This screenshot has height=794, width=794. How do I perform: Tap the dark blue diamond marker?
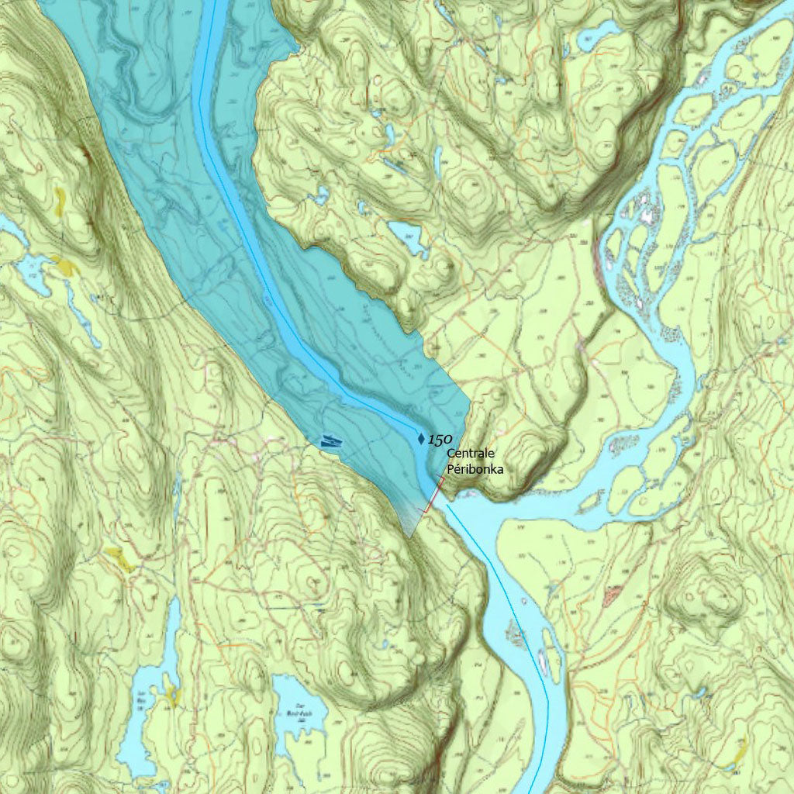pos(421,439)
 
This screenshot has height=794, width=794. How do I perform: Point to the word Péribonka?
pos(475,468)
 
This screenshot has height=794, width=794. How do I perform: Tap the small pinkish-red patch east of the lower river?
pos(613,595)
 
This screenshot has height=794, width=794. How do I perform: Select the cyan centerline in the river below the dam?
pos(496,574)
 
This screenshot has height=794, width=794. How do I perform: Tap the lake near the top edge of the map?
pos(597,34)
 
